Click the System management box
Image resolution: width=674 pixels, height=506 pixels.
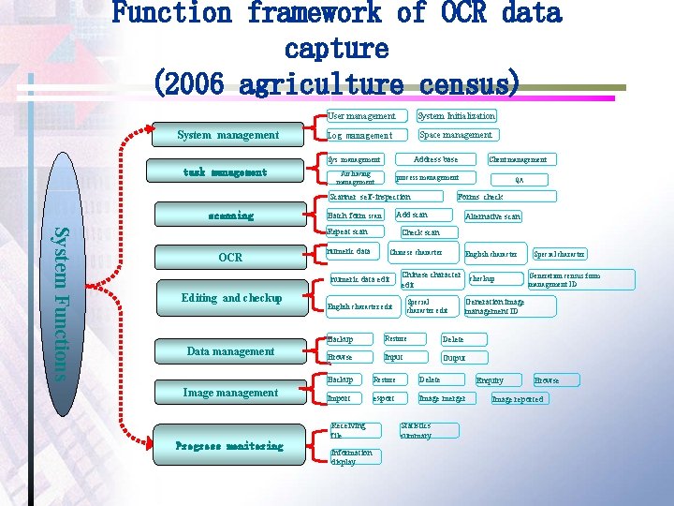pos(228,135)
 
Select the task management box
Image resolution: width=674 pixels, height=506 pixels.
pos(225,172)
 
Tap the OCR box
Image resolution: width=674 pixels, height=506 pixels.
pos(230,257)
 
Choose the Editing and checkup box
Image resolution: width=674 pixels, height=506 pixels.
pos(231,298)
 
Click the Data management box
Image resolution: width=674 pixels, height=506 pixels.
pos(230,351)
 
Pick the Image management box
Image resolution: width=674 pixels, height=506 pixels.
pos(230,393)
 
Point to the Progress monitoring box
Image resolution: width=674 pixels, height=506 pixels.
pos(229,446)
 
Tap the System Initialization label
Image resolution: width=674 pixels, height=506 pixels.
pos(456,116)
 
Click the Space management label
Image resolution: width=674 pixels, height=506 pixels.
pos(456,135)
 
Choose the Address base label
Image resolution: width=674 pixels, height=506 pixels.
pos(436,159)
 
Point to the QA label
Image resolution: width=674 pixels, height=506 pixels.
pos(520,178)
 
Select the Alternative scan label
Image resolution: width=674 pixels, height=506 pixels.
pos(492,216)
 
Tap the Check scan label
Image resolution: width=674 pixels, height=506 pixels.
pos(421,231)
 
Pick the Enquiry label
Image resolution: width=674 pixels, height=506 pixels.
pos(490,380)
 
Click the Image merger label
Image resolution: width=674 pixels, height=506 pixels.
pos(444,398)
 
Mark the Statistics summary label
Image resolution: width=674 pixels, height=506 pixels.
pos(416,431)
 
